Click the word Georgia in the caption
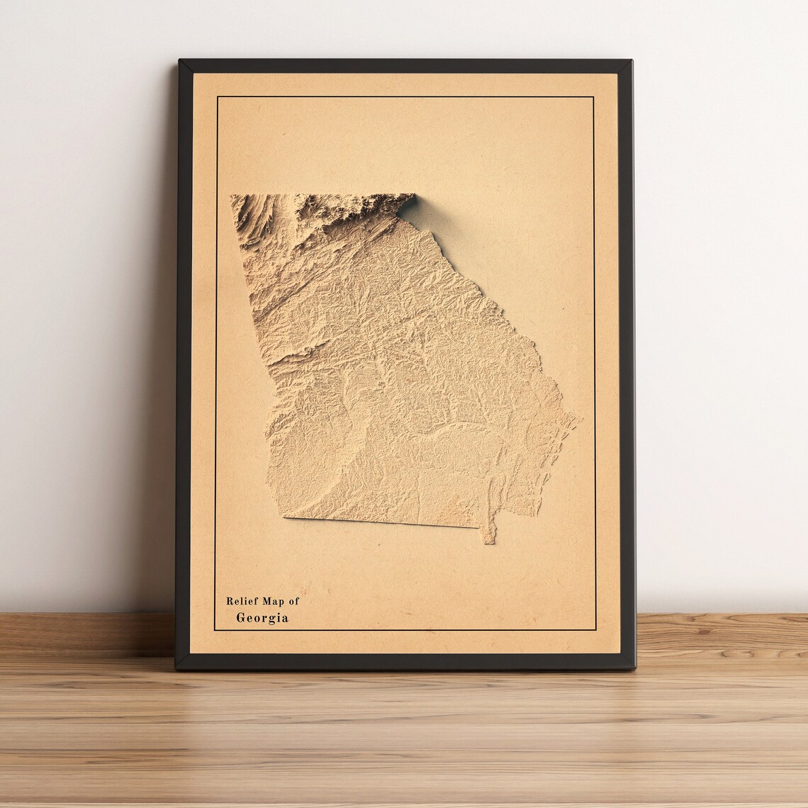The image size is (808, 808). [x=262, y=618]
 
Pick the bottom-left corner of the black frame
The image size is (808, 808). [x=177, y=668]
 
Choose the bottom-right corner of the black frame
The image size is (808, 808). [x=634, y=668]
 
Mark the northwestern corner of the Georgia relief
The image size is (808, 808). [x=232, y=196]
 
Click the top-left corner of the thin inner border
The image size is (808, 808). [x=217, y=96]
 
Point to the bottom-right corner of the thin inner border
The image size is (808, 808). [x=594, y=629]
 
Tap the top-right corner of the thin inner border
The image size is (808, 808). [x=593, y=96]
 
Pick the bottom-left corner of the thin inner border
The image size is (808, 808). [x=215, y=629]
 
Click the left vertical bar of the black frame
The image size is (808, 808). [x=184, y=354]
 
